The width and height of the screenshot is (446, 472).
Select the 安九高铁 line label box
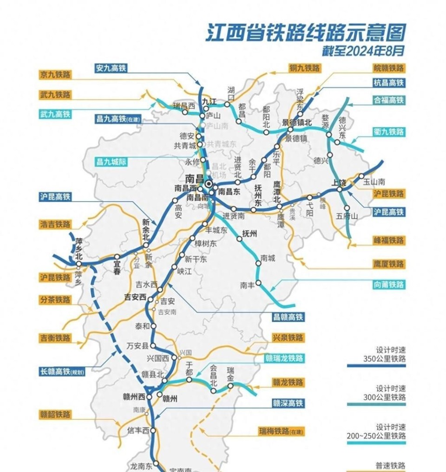click(x=110, y=68)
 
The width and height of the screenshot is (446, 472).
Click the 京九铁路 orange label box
click(x=55, y=75)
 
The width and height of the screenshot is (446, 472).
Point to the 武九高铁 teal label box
click(x=55, y=114)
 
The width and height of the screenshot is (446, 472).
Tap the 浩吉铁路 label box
click(x=55, y=224)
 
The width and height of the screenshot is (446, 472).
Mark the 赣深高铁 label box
click(x=288, y=403)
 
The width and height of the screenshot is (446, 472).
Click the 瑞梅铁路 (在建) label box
click(x=281, y=432)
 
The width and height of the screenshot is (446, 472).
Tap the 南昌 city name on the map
click(x=194, y=178)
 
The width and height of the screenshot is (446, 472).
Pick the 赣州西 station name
click(x=134, y=396)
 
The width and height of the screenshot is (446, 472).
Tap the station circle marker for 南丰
click(x=258, y=283)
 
